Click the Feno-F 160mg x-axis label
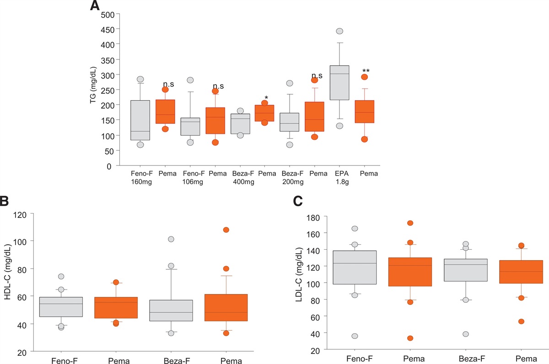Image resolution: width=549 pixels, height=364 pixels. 140,177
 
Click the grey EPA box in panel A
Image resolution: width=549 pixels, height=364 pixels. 339,83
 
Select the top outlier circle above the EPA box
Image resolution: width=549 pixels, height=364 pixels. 339,31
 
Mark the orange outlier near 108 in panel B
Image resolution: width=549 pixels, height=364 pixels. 226,230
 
